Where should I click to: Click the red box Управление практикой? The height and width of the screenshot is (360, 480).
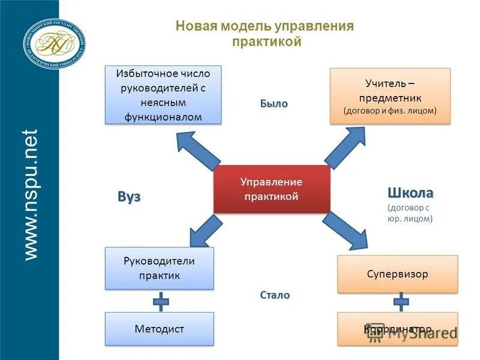pyautogui.click(x=272, y=189)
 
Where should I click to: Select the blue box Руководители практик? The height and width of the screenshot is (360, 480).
pyautogui.click(x=160, y=268)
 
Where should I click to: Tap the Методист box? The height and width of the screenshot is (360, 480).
pyautogui.click(x=160, y=329)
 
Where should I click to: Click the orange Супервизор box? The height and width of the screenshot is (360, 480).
pyautogui.click(x=397, y=274)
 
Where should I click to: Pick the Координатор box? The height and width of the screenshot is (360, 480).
pyautogui.click(x=397, y=329)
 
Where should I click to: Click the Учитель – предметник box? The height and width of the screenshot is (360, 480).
pyautogui.click(x=390, y=96)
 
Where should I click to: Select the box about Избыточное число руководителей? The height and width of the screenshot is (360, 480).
pyautogui.click(x=163, y=95)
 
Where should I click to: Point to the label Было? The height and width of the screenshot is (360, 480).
pyautogui.click(x=274, y=103)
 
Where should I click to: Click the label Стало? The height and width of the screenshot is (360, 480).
pyautogui.click(x=275, y=295)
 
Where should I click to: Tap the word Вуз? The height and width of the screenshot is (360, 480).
pyautogui.click(x=128, y=197)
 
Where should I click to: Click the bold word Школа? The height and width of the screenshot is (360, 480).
pyautogui.click(x=410, y=193)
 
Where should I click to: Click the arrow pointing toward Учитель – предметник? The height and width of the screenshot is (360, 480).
pyautogui.click(x=346, y=148)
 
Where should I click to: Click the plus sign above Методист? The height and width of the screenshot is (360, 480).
pyautogui.click(x=161, y=301)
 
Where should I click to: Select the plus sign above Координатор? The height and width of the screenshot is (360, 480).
pyautogui.click(x=401, y=302)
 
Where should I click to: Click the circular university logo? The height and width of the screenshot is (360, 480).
pyautogui.click(x=54, y=42)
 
